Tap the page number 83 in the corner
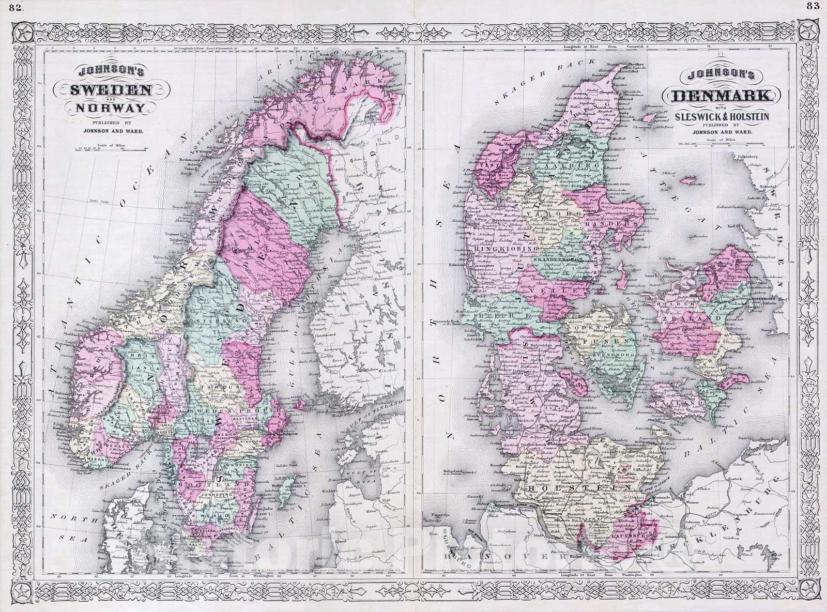click(811, 6)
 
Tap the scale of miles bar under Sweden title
click(111, 150)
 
